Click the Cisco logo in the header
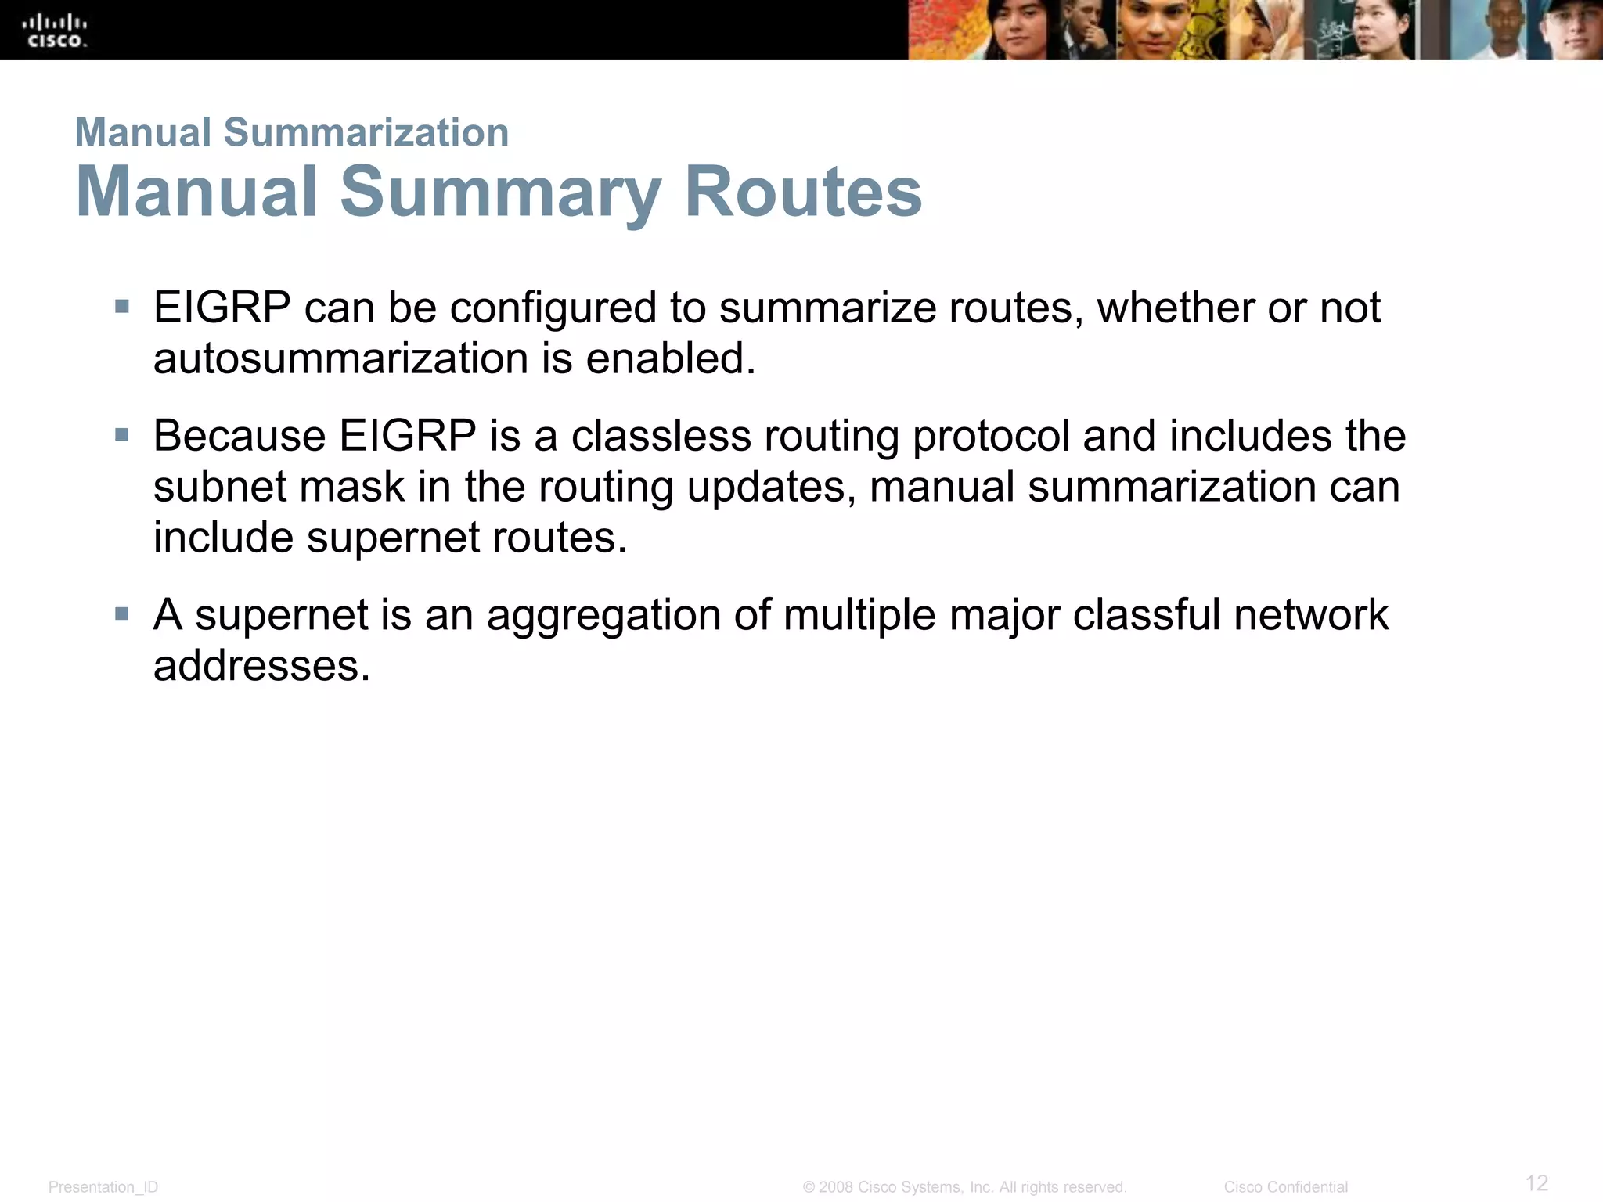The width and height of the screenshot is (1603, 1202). point(55,31)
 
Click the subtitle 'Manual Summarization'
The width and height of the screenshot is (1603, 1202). point(291,132)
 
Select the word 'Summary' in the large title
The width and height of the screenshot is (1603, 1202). point(501,193)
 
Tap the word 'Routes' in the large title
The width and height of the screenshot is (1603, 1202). point(803,193)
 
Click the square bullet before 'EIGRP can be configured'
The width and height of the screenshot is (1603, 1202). point(121,306)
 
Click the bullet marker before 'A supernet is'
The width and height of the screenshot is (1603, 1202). point(121,614)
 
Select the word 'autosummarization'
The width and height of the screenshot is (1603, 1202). point(340,358)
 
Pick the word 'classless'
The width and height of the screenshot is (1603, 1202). point(661,435)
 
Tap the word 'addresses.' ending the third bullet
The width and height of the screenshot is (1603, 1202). point(261,666)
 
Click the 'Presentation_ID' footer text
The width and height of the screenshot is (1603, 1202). point(103,1187)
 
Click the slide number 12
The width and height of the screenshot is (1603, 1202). point(1536,1182)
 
